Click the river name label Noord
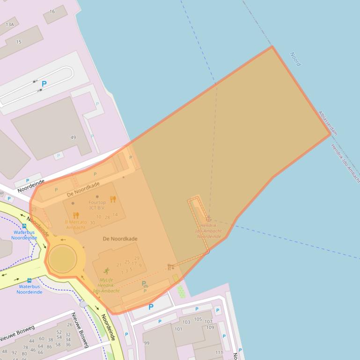pyautogui.click(x=295, y=59)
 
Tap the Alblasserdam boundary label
pyautogui.click(x=328, y=123)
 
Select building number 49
pyautogui.click(x=73, y=137)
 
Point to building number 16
pyautogui.click(x=52, y=11)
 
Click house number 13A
pyautogui.click(x=9, y=24)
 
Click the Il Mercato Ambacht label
pyautogui.click(x=75, y=224)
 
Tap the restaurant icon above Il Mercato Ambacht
pyautogui.click(x=76, y=216)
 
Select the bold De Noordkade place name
pyautogui.click(x=120, y=239)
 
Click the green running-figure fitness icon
pyautogui.click(x=106, y=271)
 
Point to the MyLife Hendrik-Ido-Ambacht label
pyautogui.click(x=106, y=285)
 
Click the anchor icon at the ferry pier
pyautogui.click(x=208, y=219)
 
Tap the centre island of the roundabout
pyautogui.click(x=62, y=258)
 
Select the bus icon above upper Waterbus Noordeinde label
pyautogui.click(x=24, y=226)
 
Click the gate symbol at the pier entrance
pyautogui.click(x=170, y=267)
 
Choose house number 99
pyautogui.click(x=147, y=343)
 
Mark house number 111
pyautogui.click(x=219, y=353)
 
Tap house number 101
pyautogui.click(x=178, y=329)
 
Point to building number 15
pyautogui.click(x=19, y=42)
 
